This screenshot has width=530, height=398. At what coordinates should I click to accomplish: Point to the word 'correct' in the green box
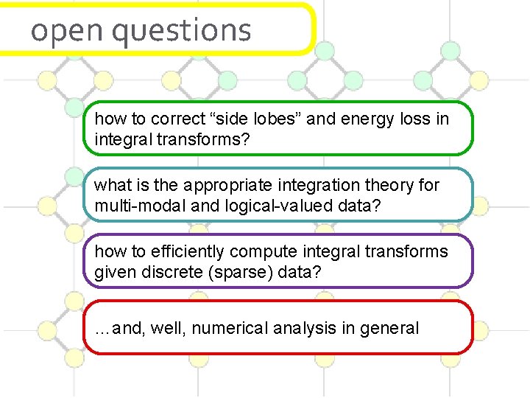pos(180,119)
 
